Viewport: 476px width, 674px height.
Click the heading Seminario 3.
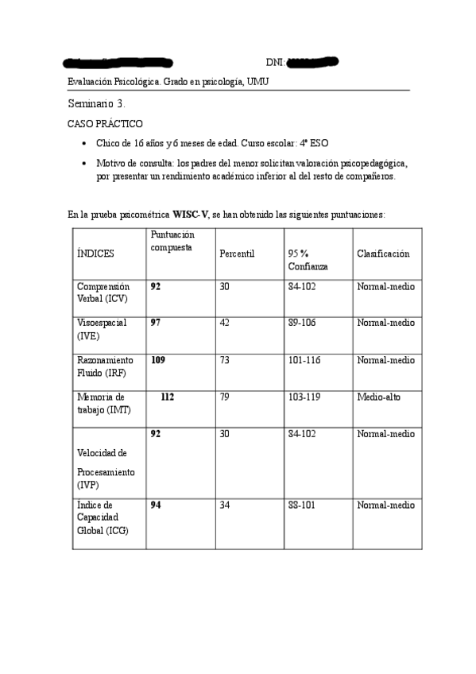tap(96, 104)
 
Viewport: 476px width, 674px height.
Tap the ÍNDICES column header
tap(95, 254)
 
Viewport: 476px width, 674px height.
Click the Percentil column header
tap(236, 254)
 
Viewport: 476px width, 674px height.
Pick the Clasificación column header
tap(383, 254)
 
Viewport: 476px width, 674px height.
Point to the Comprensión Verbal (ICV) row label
tap(103, 292)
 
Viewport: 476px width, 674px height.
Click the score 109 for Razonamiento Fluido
tap(158, 360)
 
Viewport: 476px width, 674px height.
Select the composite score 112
tap(167, 397)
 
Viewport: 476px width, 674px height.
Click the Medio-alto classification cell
tap(379, 397)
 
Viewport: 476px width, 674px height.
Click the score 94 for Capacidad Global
tap(156, 505)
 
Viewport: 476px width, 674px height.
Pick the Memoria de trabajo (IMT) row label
tap(101, 403)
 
